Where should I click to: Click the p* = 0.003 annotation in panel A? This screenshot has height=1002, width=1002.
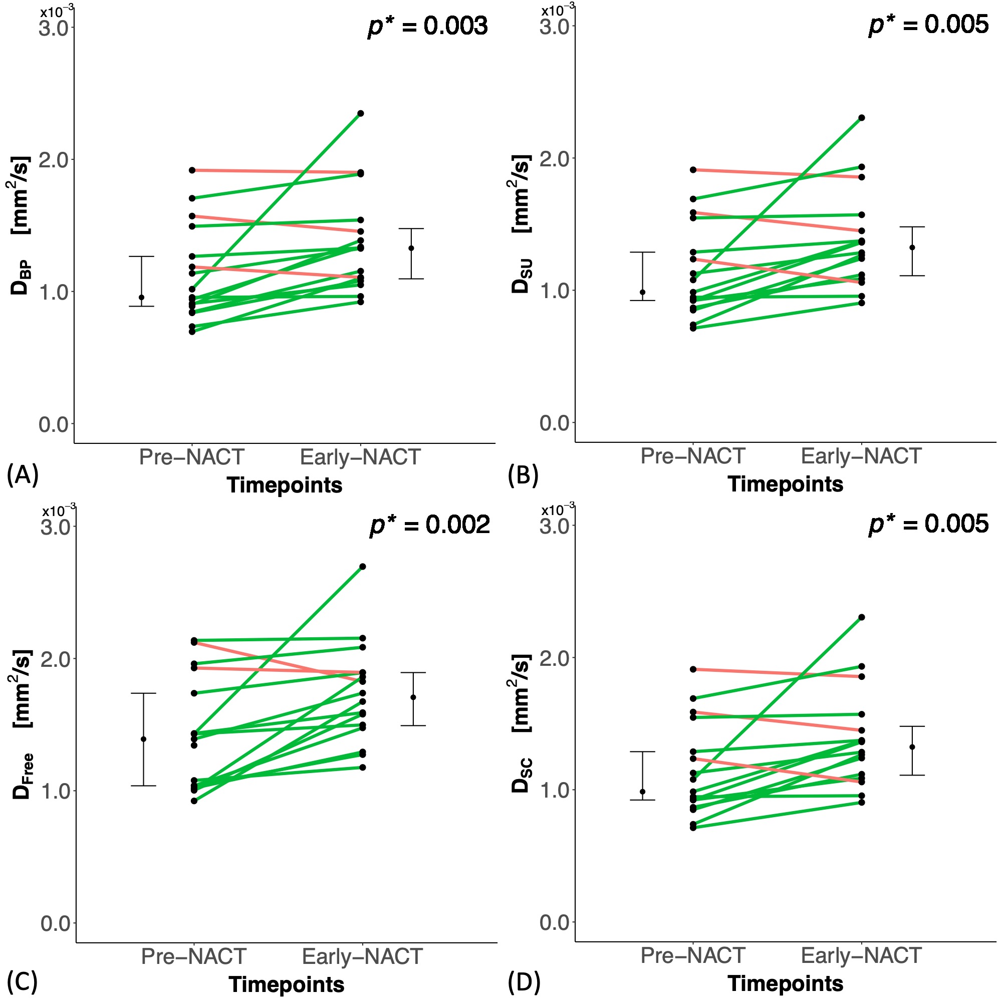pyautogui.click(x=428, y=26)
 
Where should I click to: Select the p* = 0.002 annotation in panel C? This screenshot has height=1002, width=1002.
pyautogui.click(x=430, y=525)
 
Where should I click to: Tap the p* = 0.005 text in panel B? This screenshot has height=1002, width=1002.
pyautogui.click(x=929, y=25)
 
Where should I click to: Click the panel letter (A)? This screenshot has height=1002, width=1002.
pyautogui.click(x=23, y=474)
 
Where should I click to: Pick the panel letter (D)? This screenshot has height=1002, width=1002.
pyautogui.click(x=524, y=982)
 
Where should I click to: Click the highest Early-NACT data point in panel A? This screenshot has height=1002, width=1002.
pyautogui.click(x=360, y=113)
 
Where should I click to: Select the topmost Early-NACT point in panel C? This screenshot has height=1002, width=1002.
pyautogui.click(x=363, y=566)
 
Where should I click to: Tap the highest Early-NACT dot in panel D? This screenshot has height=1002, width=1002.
pyautogui.click(x=861, y=617)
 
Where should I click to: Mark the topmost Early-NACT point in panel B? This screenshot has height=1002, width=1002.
pyautogui.click(x=861, y=118)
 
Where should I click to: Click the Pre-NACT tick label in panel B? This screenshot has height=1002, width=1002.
pyautogui.click(x=692, y=456)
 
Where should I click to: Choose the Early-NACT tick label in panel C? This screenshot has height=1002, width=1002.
pyautogui.click(x=362, y=956)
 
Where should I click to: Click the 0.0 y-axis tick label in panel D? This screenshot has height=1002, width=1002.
pyautogui.click(x=555, y=922)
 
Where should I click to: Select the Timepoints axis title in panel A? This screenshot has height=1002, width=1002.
pyautogui.click(x=284, y=485)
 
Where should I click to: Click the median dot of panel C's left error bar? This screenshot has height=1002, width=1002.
pyautogui.click(x=143, y=739)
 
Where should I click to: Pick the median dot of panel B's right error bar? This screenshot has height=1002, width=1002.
pyautogui.click(x=912, y=247)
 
